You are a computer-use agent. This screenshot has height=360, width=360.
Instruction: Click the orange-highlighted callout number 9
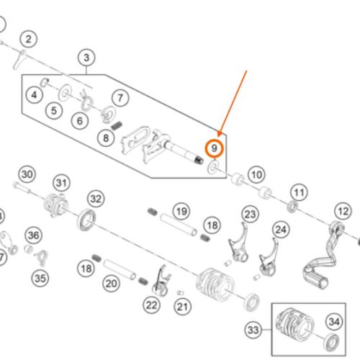[214, 148]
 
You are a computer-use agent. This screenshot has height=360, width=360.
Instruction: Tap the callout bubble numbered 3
[86, 58]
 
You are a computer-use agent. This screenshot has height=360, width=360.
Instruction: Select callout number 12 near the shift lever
[343, 211]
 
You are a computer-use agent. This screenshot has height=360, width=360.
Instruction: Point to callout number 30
[27, 174]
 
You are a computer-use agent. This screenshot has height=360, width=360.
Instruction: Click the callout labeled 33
[253, 330]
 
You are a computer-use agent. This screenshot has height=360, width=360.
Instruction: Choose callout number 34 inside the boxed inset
[334, 322]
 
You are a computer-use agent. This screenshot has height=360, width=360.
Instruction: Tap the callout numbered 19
[181, 211]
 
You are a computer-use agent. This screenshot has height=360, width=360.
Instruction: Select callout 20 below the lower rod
[111, 284]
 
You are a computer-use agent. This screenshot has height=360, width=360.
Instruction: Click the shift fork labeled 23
[238, 243]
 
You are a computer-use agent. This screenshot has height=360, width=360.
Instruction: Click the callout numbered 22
[152, 305]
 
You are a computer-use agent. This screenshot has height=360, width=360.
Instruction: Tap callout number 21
[182, 307]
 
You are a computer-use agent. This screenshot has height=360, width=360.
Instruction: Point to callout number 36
[34, 235]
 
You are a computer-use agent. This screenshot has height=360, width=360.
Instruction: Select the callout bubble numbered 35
[40, 279]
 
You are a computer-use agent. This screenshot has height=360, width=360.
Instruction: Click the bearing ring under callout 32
[86, 220]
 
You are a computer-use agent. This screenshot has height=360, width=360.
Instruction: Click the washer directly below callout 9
[213, 167]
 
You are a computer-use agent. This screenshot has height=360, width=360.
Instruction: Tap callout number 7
[120, 98]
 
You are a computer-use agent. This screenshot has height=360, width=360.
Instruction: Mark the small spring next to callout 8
[117, 126]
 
